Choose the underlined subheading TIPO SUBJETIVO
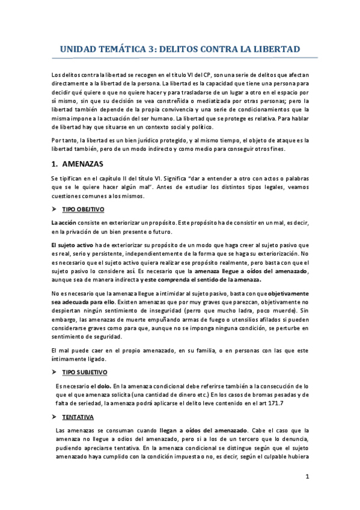pyautogui.click(x=85, y=373)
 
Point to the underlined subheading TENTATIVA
pyautogui.click(x=79, y=417)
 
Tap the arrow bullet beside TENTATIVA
pyautogui.click(x=55, y=417)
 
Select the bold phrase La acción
pyautogui.click(x=64, y=223)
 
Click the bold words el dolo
pyautogui.click(x=102, y=386)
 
